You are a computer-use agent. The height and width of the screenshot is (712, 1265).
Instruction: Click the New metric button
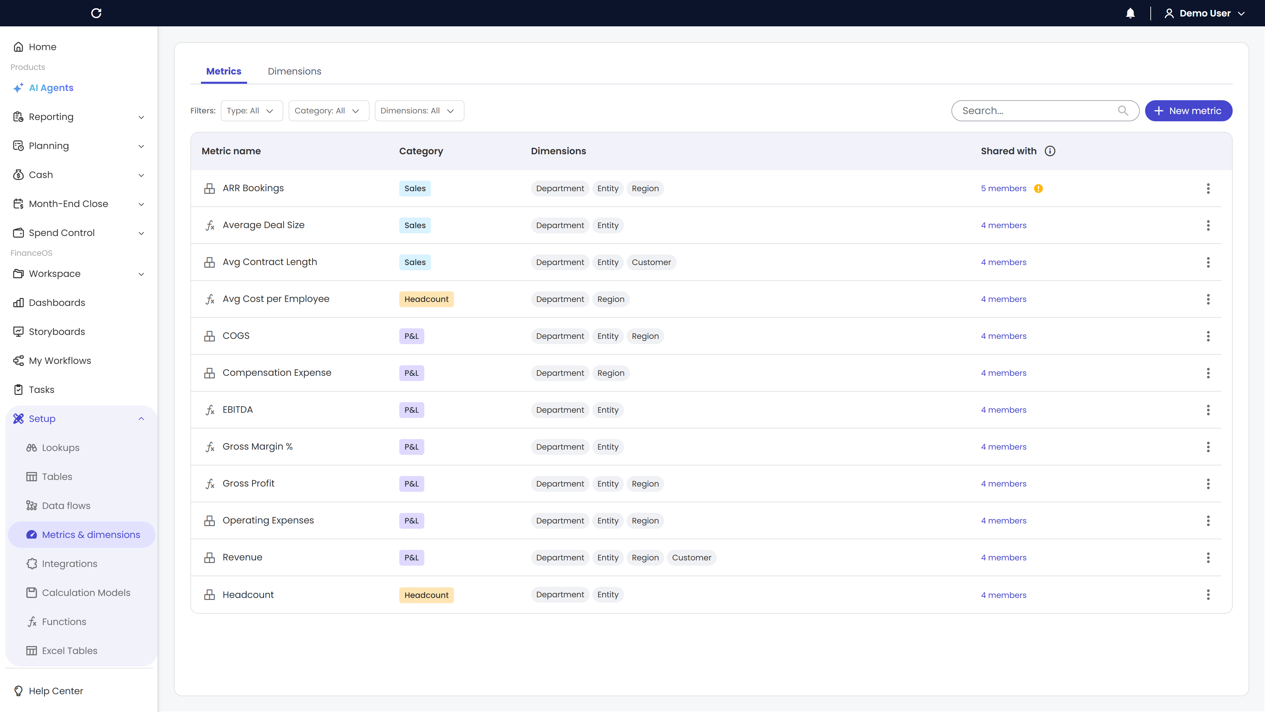(x=1188, y=110)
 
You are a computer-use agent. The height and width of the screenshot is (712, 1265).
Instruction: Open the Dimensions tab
(x=294, y=71)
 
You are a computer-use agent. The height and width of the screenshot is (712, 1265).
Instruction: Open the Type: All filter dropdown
(x=251, y=110)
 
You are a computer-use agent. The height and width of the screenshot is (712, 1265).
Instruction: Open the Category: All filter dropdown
(x=328, y=110)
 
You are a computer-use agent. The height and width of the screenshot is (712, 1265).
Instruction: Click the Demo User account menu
(x=1205, y=13)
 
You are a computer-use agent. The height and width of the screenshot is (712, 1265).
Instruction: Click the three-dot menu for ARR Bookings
(x=1208, y=188)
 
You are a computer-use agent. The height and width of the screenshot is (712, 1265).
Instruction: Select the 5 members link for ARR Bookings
(x=1003, y=188)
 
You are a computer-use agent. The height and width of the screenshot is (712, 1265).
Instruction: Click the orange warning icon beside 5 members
(x=1038, y=188)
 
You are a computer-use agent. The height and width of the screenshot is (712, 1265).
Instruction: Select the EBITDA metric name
(x=238, y=409)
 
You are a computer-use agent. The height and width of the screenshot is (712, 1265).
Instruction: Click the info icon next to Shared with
(x=1050, y=151)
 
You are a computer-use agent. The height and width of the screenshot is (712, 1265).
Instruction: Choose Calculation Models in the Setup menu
(x=86, y=593)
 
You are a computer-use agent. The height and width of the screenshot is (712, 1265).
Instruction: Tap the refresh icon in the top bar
(x=96, y=13)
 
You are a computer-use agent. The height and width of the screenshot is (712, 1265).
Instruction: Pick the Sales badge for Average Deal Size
(x=415, y=225)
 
